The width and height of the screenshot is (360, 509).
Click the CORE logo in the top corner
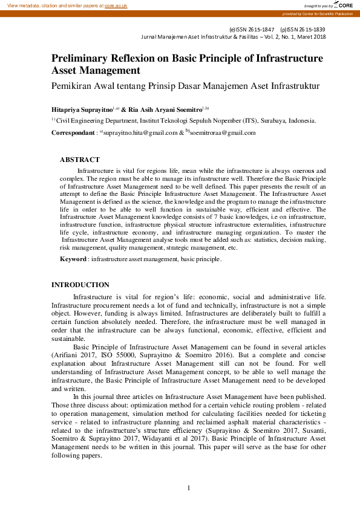pyautogui.click(x=345, y=5)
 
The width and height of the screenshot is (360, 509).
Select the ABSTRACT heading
pyautogui.click(x=79, y=160)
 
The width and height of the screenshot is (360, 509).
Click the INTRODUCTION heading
pyautogui.click(x=80, y=285)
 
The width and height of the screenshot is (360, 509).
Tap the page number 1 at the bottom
pyautogui.click(x=189, y=488)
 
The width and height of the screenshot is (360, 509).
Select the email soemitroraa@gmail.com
pyautogui.click(x=223, y=133)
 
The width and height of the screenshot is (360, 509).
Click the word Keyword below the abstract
pyautogui.click(x=73, y=259)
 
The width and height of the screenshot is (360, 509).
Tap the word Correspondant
pyautogui.click(x=73, y=133)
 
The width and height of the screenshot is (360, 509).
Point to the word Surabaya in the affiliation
pyautogui.click(x=243, y=120)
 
